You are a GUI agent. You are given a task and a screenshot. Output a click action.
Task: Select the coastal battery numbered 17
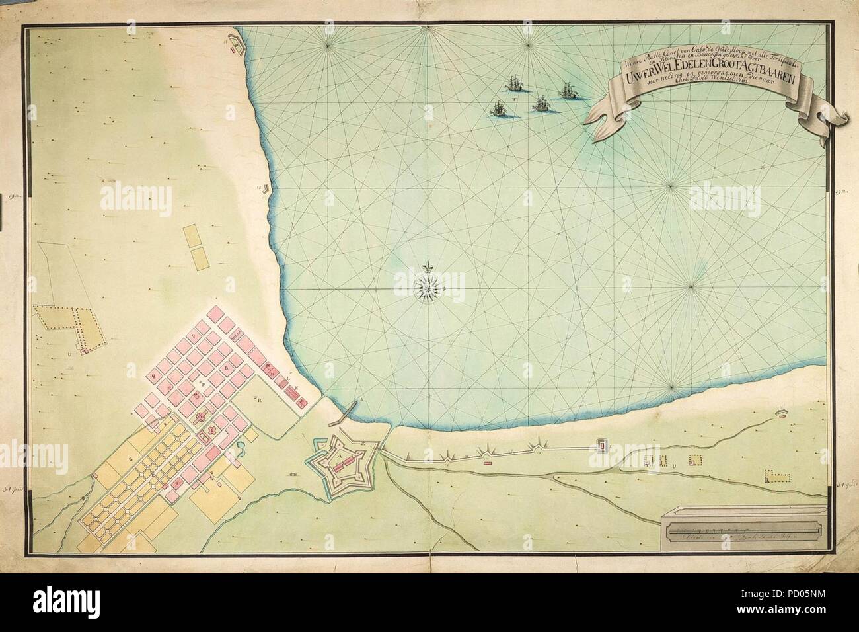[x=231, y=41]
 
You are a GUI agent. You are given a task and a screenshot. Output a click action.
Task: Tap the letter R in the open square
[x=260, y=400]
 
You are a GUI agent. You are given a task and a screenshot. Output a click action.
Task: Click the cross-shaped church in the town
[x=202, y=416]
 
